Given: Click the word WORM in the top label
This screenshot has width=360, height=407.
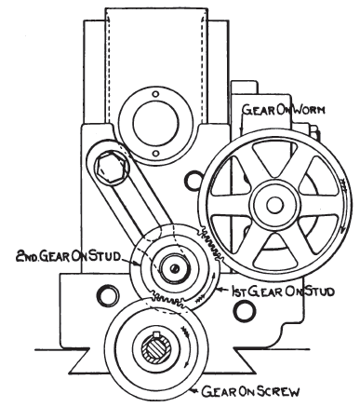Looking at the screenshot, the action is (309, 110).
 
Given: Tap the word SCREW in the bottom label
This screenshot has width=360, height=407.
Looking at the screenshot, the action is (278, 391).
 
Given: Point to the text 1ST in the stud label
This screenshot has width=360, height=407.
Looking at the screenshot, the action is (238, 292).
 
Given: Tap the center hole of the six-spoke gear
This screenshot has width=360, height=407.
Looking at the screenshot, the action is (274, 205).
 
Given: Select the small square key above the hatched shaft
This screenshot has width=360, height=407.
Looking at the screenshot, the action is (156, 334).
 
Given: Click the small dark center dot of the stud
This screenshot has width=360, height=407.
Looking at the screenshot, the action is (175, 269).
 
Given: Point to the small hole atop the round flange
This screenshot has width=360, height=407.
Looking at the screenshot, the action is (156, 94).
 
